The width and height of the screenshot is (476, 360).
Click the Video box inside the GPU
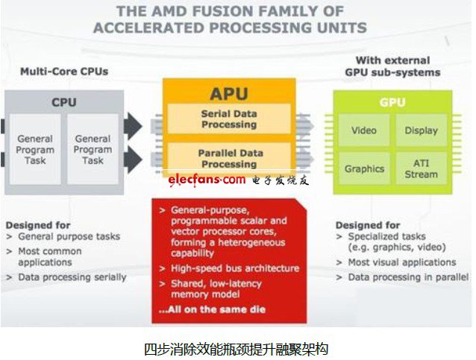[364, 130]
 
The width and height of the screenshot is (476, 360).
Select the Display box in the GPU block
[422, 130]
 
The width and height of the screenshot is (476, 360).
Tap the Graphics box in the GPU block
[364, 168]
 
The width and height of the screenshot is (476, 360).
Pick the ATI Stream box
[422, 168]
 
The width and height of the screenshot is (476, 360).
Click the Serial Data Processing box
[229, 119]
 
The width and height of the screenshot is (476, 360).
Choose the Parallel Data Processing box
[229, 158]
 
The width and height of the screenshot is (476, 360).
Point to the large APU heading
[229, 93]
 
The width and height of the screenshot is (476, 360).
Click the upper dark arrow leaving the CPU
[133, 126]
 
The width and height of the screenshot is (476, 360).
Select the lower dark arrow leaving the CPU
[133, 160]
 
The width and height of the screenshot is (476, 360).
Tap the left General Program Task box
[35, 149]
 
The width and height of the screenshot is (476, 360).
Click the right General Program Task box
[93, 149]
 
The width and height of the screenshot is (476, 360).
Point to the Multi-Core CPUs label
[64, 72]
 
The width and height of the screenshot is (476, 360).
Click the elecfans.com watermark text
[207, 180]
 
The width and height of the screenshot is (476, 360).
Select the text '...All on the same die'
[212, 309]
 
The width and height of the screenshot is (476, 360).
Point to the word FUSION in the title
[223, 11]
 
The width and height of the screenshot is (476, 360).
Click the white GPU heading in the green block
[392, 103]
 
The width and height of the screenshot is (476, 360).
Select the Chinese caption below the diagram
[236, 350]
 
